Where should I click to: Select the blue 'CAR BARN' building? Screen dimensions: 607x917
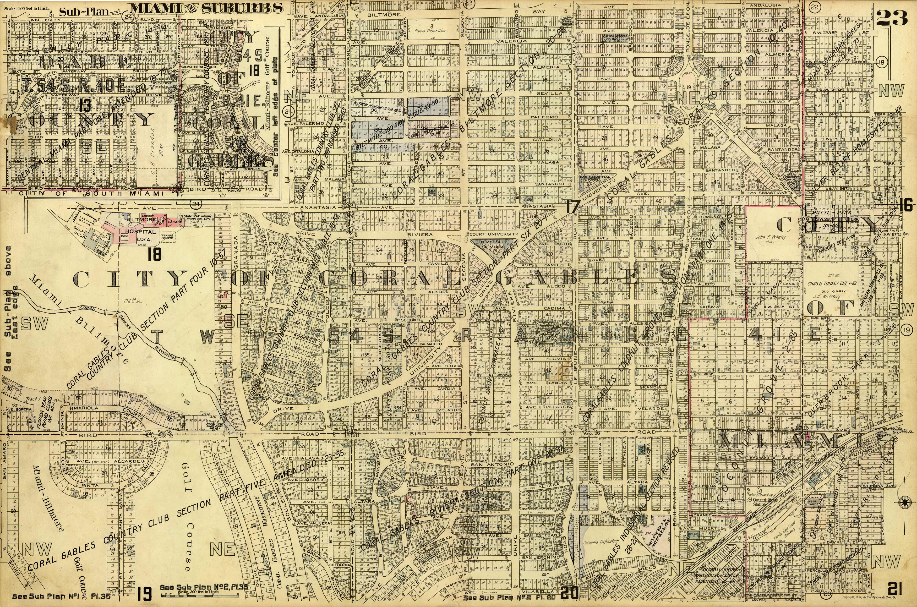click(x=694, y=534)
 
